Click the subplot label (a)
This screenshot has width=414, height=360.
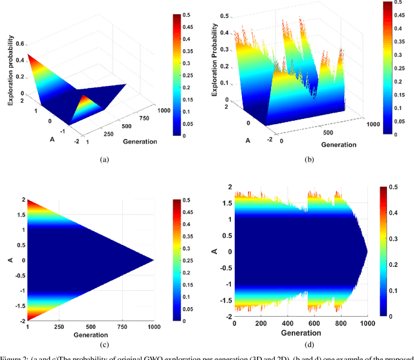[103, 157]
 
